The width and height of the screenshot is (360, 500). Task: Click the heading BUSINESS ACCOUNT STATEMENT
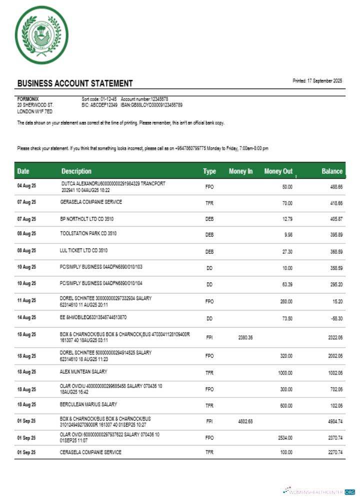pyautogui.click(x=75, y=83)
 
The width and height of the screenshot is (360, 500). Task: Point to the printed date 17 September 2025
pyautogui.click(x=317, y=80)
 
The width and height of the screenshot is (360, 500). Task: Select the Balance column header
pyautogui.click(x=332, y=171)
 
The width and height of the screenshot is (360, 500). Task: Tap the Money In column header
pyautogui.click(x=240, y=171)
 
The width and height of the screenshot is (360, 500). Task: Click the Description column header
pyautogui.click(x=76, y=171)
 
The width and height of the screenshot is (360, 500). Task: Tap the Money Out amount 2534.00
pyautogui.click(x=284, y=437)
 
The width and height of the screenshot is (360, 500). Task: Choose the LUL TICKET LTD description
pyautogui.click(x=83, y=249)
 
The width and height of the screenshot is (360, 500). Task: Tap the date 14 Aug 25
pyautogui.click(x=27, y=317)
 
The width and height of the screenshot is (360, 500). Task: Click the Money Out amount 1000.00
pyautogui.click(x=285, y=372)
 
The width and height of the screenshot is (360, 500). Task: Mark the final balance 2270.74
pyautogui.click(x=335, y=452)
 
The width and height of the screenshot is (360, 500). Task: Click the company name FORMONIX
pyautogui.click(x=28, y=99)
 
